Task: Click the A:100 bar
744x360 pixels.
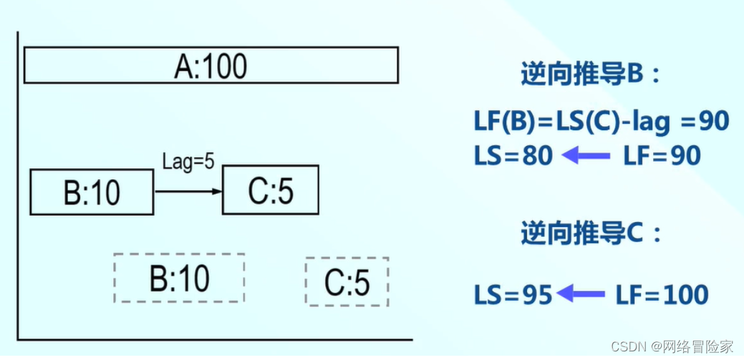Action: tap(211, 66)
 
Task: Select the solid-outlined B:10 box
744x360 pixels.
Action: tap(92, 191)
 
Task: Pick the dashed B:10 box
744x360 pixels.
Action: tap(179, 278)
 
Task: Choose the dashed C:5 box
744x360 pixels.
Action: tap(347, 282)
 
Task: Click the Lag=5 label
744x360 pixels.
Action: tap(188, 162)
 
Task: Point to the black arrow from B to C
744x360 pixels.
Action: tap(188, 191)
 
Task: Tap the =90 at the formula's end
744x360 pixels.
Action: tap(705, 122)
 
